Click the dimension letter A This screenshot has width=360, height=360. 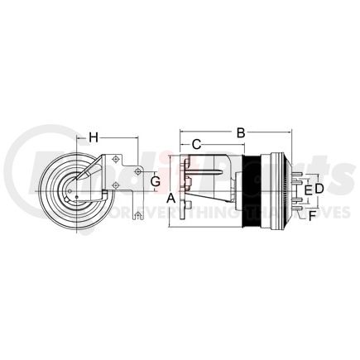(x=171, y=199)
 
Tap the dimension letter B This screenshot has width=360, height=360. (x=241, y=132)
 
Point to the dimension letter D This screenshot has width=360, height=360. (x=319, y=190)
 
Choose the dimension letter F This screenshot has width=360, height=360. (x=312, y=217)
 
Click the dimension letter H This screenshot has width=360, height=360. (x=94, y=137)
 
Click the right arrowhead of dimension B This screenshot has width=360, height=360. (x=291, y=131)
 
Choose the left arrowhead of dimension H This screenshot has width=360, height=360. (x=77, y=137)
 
